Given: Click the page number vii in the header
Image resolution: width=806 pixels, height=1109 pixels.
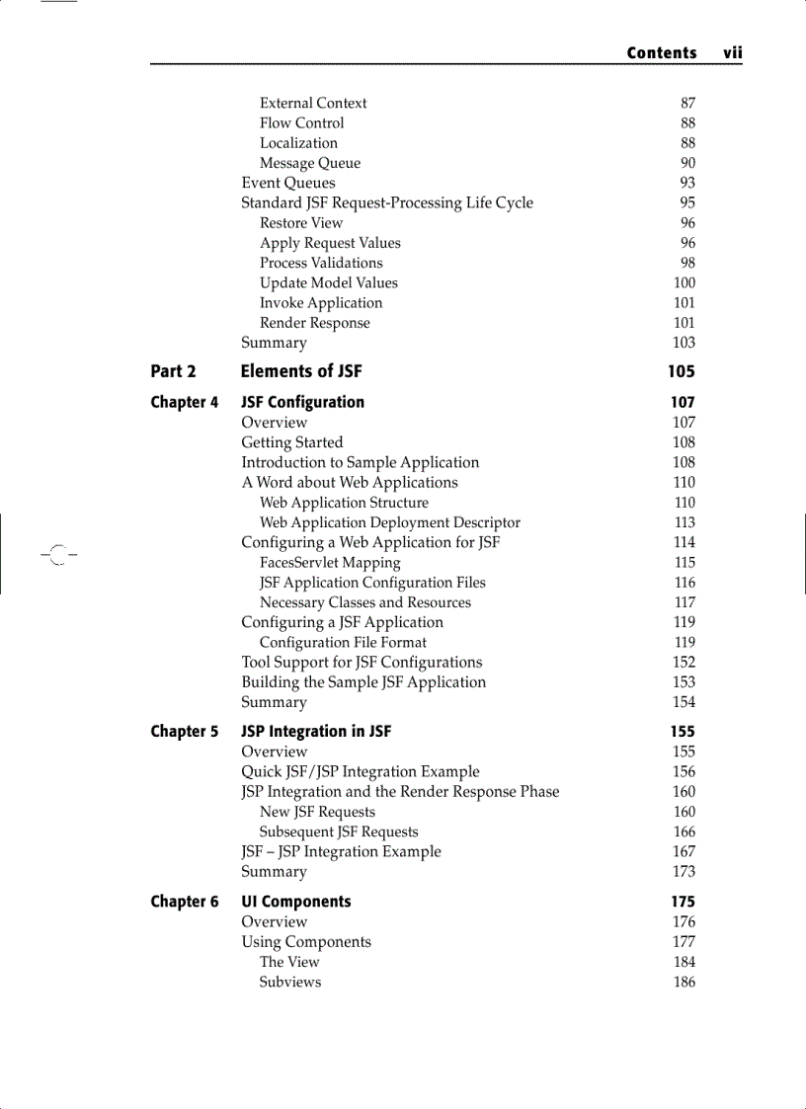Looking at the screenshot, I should pos(732,53).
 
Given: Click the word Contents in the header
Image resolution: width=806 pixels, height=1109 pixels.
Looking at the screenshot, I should pos(661,53).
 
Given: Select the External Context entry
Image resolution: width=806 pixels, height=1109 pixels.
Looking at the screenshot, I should pos(313,103).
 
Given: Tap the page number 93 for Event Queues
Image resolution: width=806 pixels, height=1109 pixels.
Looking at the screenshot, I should pos(687,183).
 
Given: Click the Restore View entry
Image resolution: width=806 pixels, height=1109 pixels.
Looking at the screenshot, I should pos(301,223).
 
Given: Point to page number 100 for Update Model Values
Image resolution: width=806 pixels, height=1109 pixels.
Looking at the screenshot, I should pos(684,282).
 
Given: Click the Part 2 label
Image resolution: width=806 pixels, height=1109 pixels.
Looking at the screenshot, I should pos(173,371).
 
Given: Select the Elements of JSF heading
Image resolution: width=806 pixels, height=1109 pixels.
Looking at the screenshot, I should pos(301,371).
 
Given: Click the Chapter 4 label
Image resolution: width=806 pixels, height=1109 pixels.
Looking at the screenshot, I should pos(185,402).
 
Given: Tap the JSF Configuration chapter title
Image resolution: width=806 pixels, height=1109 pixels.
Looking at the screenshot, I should pos(302,402).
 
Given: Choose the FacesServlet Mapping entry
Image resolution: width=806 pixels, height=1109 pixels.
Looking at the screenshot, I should pos(330,563).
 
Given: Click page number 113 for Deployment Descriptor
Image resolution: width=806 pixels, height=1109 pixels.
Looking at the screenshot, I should pos(685,522).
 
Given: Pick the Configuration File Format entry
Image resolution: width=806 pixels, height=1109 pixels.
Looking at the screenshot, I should pos(343,642).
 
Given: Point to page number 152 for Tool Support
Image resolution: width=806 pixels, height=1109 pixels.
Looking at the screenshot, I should pos(684,663).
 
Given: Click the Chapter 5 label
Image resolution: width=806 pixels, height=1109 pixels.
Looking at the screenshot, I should pos(185,732).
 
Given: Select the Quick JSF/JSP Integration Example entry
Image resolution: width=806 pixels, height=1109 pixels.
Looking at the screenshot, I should pos(361,772).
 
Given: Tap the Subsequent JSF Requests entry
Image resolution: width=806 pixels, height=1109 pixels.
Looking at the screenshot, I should pos(339,832).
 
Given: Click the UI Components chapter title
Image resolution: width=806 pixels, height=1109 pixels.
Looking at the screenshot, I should pos(296,902).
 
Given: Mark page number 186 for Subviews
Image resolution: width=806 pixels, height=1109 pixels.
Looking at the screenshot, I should pos(684,982).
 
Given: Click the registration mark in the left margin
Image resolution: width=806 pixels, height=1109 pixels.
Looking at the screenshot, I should pos(57,555).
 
